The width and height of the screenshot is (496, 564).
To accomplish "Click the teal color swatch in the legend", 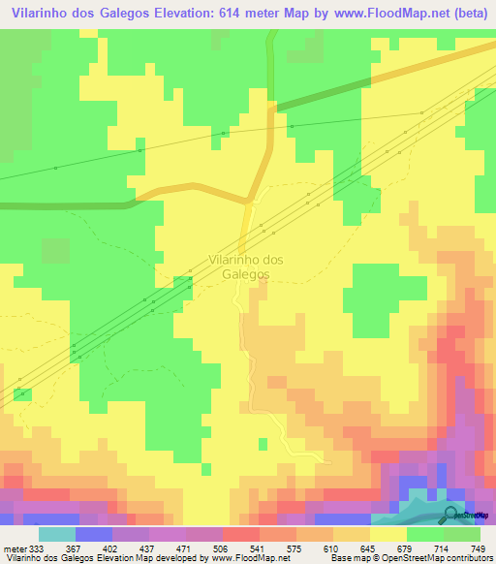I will tap(56, 534).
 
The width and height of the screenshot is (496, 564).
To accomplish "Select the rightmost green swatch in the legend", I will tap(462, 534).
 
